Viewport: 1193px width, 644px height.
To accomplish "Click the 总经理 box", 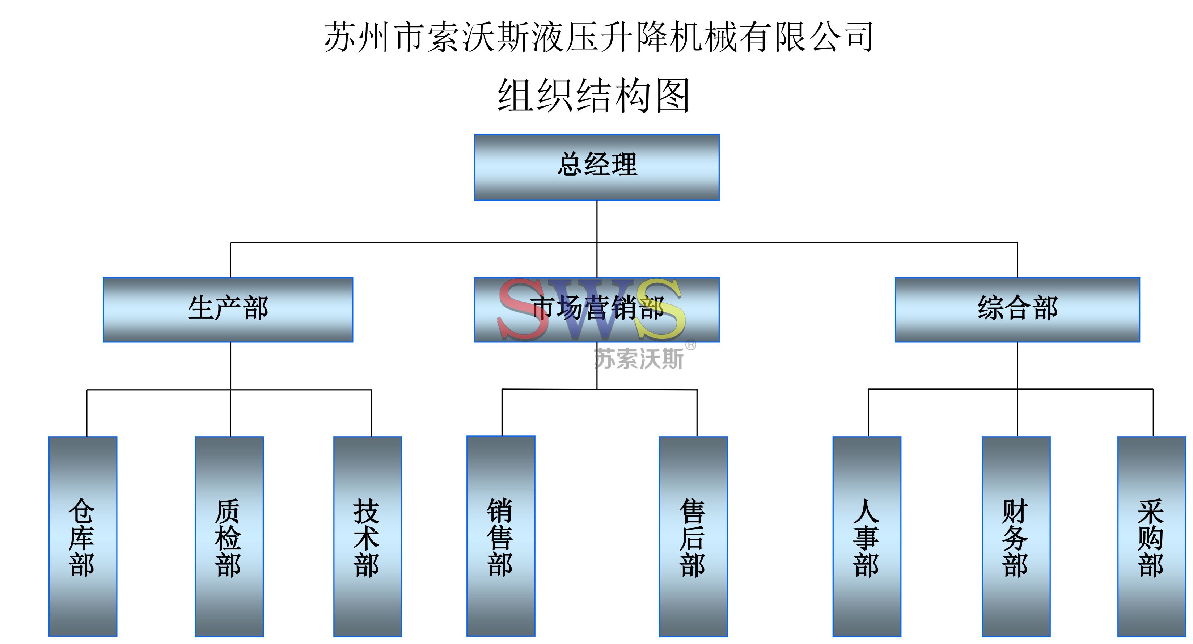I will [x=596, y=167].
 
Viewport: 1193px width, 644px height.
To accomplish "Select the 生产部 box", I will [x=228, y=310].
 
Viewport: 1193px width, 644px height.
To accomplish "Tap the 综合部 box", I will [x=1017, y=310].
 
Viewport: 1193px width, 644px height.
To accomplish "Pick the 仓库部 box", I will [x=83, y=536].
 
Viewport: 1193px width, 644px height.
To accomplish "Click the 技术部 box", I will [x=368, y=536].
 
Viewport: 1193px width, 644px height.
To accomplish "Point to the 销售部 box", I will [x=501, y=536].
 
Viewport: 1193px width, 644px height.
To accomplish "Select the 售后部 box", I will [x=693, y=536].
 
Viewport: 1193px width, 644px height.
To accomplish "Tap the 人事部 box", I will [x=867, y=536].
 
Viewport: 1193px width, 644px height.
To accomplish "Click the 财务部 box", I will [x=1016, y=536].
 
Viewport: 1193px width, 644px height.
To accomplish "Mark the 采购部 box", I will [x=1151, y=536].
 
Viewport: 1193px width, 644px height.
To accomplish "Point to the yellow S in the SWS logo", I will [x=660, y=310].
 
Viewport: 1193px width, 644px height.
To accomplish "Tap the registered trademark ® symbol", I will [x=690, y=345].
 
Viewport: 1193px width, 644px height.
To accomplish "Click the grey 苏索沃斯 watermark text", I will [x=638, y=359].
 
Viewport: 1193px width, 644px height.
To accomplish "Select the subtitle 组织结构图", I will [x=594, y=96].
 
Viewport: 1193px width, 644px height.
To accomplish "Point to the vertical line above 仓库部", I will [x=86, y=412].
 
